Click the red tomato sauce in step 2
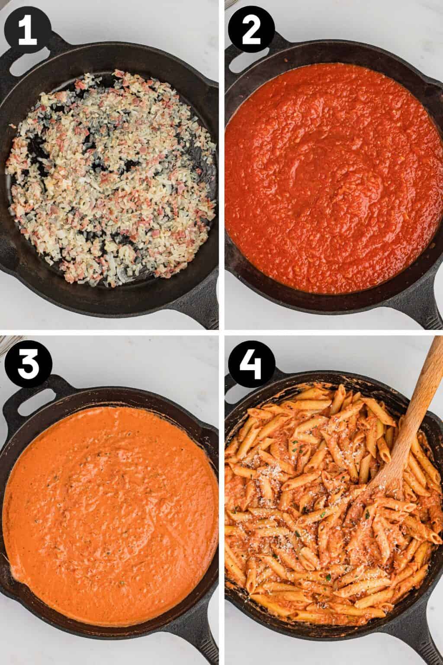pyautogui.click(x=329, y=173)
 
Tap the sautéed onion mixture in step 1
pyautogui.click(x=112, y=173)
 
